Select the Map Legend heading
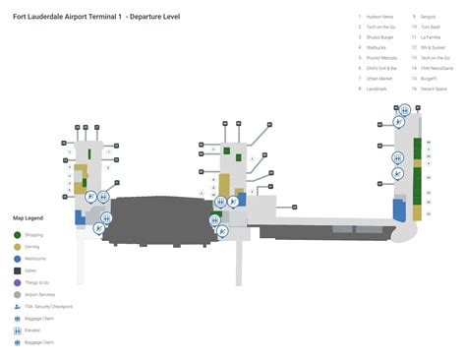pyautogui.click(x=28, y=217)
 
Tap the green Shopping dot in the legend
pyautogui.click(x=18, y=235)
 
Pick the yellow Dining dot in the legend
pyautogui.click(x=18, y=247)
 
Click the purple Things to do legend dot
pyautogui.click(x=18, y=282)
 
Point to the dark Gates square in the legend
pyautogui.click(x=18, y=270)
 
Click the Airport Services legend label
pyautogui.click(x=44, y=294)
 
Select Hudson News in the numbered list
pyautogui.click(x=380, y=17)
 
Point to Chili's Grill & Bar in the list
pyautogui.click(x=382, y=69)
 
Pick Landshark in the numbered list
pyautogui.click(x=377, y=89)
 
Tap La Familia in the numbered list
pyautogui.click(x=431, y=36)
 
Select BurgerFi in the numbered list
pyautogui.click(x=430, y=78)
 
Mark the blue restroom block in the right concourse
pyautogui.click(x=399, y=209)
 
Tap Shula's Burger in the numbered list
pyautogui.click(x=380, y=36)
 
